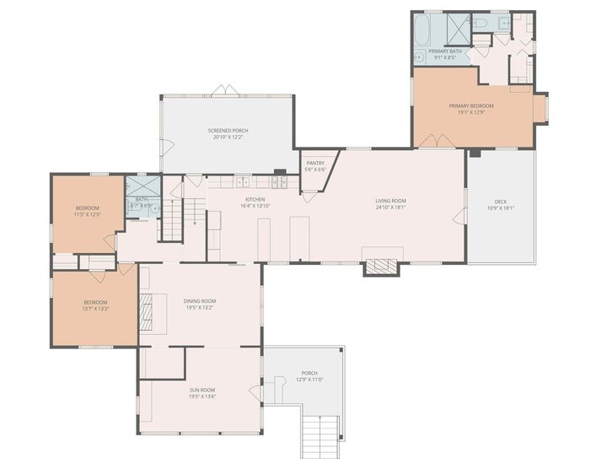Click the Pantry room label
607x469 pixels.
(315, 163)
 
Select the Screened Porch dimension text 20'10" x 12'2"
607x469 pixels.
(228, 137)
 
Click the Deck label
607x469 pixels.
(501, 202)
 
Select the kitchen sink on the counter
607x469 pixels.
(242, 182)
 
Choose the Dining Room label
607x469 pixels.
(200, 301)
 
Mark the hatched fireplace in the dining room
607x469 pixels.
(147, 310)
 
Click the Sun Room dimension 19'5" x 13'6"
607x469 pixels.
(202, 396)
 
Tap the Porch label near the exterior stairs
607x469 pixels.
(309, 374)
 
